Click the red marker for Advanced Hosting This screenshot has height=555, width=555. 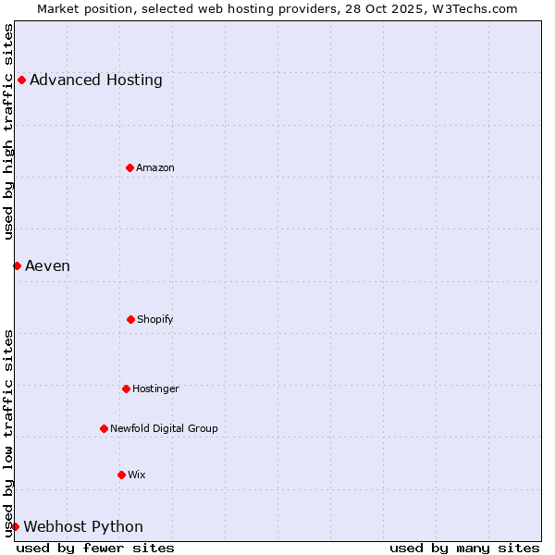[21, 80]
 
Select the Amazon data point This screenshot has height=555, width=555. [129, 167]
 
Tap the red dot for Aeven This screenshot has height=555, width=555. [17, 265]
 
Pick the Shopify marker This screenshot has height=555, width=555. [130, 319]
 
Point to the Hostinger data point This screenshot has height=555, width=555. [126, 388]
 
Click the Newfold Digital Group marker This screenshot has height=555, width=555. [104, 428]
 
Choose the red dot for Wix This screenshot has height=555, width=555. [121, 475]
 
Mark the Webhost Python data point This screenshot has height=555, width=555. [15, 526]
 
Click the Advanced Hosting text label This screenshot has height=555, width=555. [96, 80]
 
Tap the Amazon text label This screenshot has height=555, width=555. [155, 167]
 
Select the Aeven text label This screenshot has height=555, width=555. [47, 266]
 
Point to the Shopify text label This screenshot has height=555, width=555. [155, 319]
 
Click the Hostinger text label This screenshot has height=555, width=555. [155, 388]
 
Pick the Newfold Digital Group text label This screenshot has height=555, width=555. [164, 428]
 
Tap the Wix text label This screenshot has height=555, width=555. [137, 475]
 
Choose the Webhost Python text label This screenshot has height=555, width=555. [83, 527]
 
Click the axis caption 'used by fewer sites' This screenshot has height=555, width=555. [95, 548]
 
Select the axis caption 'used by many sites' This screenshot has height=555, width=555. [464, 548]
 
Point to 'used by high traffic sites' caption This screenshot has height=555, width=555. [8, 131]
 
